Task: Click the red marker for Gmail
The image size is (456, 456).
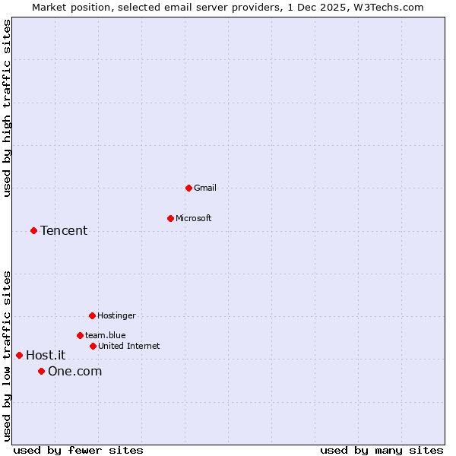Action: click(x=188, y=188)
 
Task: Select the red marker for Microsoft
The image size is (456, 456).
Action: click(x=170, y=218)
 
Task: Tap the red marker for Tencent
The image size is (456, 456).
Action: click(x=33, y=230)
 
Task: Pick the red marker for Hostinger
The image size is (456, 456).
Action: click(x=92, y=315)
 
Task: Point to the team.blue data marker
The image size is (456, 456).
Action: click(x=80, y=335)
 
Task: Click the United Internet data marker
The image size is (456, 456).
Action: click(x=93, y=346)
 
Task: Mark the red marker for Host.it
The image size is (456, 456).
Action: click(x=19, y=355)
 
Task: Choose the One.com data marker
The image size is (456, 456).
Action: click(x=41, y=371)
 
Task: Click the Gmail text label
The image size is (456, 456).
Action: click(x=205, y=188)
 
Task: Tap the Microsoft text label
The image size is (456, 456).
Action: click(x=194, y=218)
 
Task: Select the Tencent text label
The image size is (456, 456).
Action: click(x=64, y=231)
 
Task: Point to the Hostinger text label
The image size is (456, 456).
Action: click(x=116, y=315)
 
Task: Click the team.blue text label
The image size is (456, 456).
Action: click(x=106, y=335)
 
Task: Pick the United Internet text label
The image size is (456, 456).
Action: click(x=129, y=346)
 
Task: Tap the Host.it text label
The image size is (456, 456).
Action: click(x=46, y=355)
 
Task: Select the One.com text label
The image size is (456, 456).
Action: click(x=74, y=371)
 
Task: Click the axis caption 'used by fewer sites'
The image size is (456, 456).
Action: click(x=78, y=450)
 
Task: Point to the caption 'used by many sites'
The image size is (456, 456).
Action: click(x=382, y=450)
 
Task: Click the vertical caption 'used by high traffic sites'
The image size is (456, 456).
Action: click(x=7, y=108)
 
